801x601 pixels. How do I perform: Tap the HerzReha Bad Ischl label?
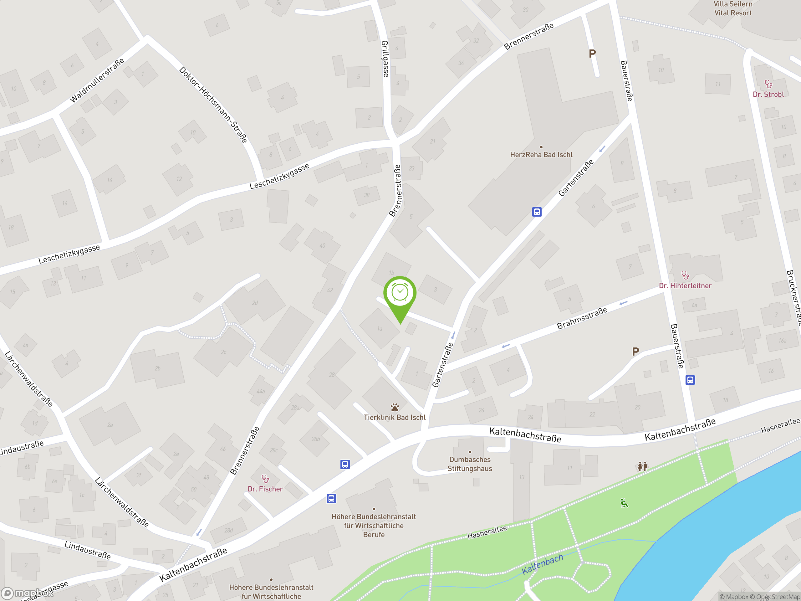(541, 155)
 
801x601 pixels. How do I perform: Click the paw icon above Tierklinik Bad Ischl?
(395, 407)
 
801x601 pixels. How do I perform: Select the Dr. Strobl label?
(768, 94)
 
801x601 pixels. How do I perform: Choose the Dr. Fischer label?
(265, 489)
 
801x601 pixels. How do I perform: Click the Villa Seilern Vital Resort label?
(733, 8)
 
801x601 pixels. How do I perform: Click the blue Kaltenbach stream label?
(542, 564)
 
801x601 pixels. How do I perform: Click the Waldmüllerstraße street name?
(97, 80)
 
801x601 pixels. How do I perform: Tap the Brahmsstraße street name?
(582, 318)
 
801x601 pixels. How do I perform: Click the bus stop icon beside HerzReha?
(537, 212)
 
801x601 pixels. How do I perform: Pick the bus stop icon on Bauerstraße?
(690, 380)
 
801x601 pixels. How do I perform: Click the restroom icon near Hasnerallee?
(642, 466)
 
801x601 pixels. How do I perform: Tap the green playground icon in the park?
(624, 503)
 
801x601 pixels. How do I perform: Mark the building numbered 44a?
(261, 391)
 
